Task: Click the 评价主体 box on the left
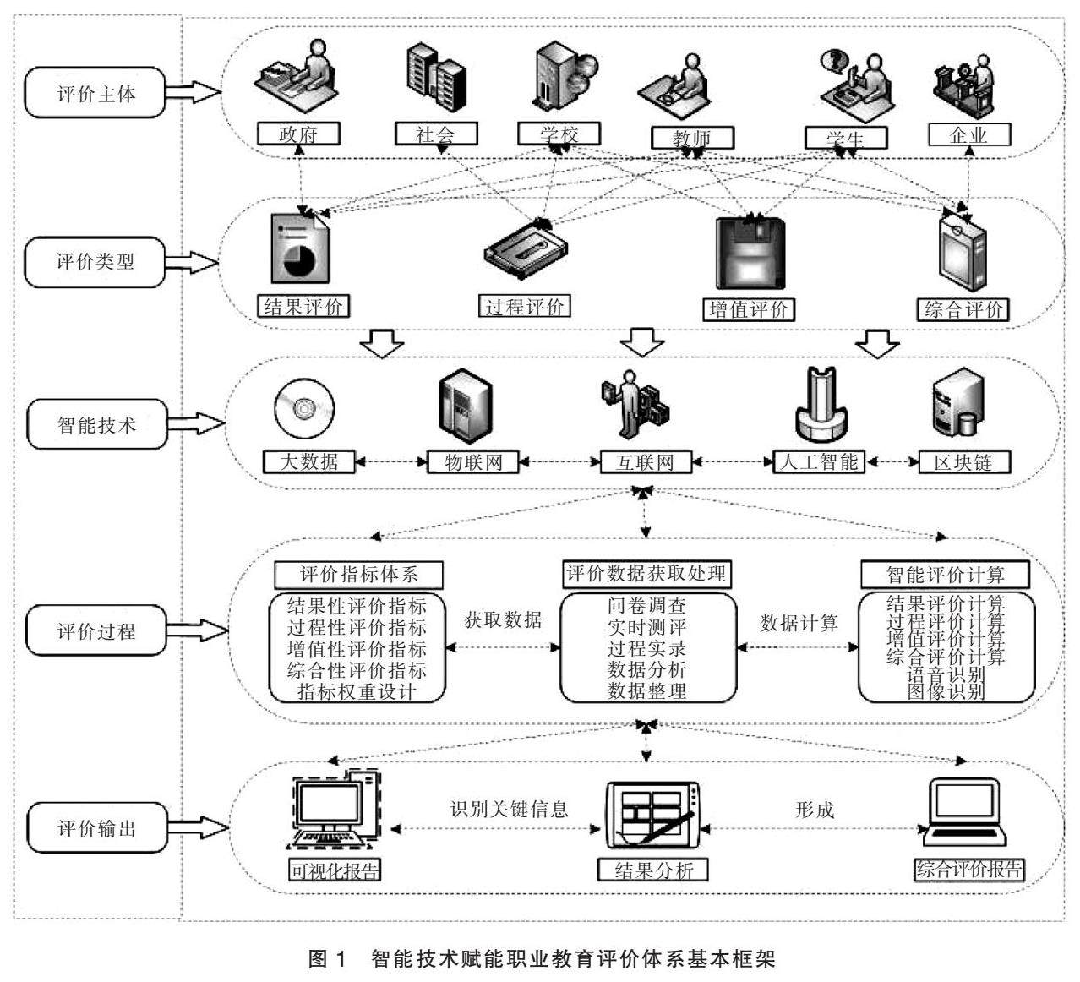(x=95, y=93)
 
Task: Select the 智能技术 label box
(x=95, y=424)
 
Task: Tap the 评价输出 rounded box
(x=95, y=828)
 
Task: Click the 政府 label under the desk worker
(x=298, y=134)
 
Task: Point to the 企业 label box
(x=968, y=134)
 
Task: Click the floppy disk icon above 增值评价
(x=749, y=253)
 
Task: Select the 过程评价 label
(x=524, y=307)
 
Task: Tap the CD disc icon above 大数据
(x=303, y=407)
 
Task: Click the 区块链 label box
(x=963, y=462)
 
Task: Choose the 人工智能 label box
(x=819, y=462)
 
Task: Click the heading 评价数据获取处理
(x=646, y=575)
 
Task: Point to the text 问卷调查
(x=646, y=606)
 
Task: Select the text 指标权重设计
(x=357, y=692)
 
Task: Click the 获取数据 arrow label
(x=503, y=619)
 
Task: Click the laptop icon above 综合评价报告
(x=963, y=811)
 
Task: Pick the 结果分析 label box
(x=652, y=870)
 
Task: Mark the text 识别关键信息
(x=509, y=809)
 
